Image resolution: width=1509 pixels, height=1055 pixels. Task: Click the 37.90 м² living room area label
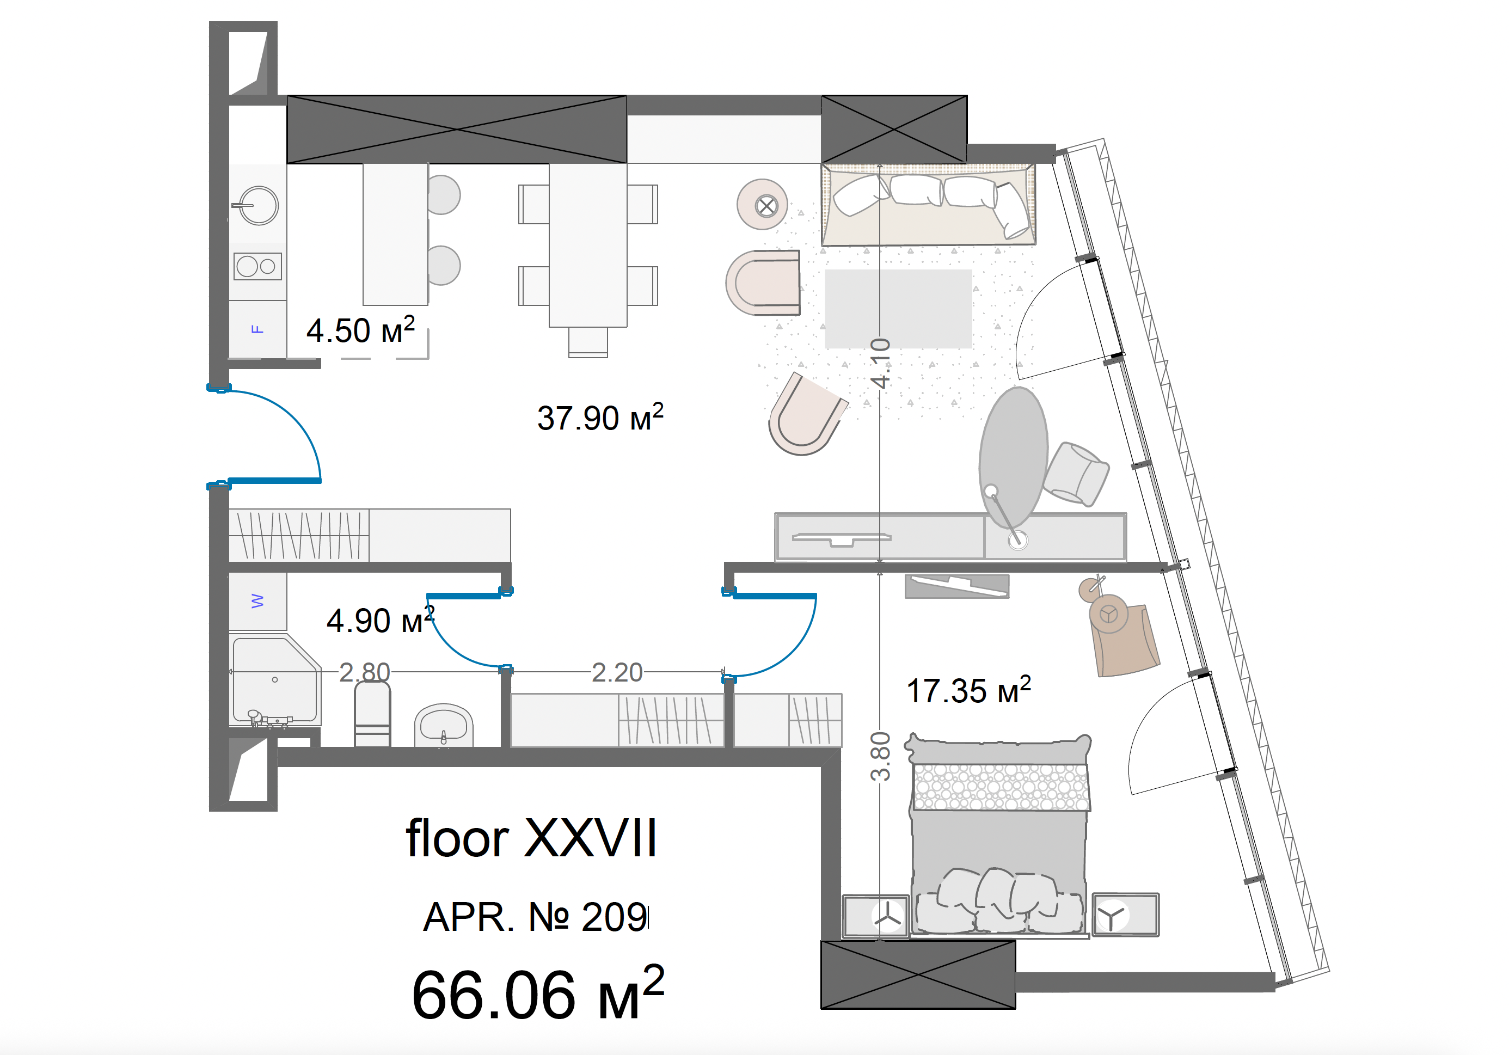point(600,418)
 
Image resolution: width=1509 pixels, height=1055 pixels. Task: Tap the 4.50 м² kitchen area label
point(360,330)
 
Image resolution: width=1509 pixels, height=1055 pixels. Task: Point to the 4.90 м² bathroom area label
point(381,620)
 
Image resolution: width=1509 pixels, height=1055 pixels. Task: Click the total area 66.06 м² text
point(538,992)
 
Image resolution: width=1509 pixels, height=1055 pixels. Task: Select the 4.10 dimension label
point(880,363)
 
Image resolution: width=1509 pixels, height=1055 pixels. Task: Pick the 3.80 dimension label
point(880,756)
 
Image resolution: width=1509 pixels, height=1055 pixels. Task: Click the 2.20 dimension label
point(616,672)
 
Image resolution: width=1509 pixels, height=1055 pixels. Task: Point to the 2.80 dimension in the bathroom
point(364,672)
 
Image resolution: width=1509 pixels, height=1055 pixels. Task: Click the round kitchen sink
point(257,206)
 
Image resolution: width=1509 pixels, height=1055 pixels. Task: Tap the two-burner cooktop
point(257,266)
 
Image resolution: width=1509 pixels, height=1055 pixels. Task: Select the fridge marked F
point(257,329)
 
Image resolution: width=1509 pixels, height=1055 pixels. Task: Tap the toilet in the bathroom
point(372,714)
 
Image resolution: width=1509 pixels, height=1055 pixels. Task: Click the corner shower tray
point(275,680)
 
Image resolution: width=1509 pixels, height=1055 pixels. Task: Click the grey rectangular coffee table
point(898,308)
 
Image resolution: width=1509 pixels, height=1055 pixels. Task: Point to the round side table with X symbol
point(762,205)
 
